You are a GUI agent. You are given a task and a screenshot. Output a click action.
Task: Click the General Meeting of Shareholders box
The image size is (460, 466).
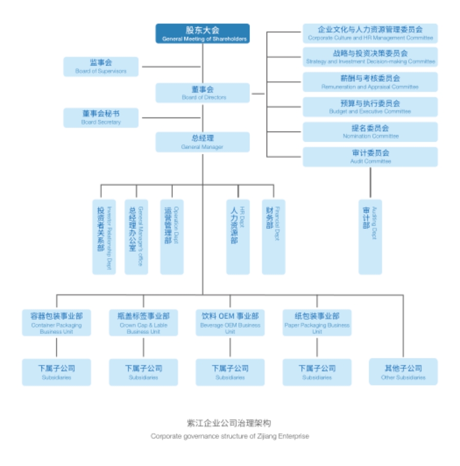click(203, 34)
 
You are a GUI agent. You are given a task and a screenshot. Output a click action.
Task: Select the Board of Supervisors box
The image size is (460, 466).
click(101, 67)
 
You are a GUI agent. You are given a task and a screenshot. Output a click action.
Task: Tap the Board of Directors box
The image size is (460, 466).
click(203, 93)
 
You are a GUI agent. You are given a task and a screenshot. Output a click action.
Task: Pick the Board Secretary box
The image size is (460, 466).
click(101, 118)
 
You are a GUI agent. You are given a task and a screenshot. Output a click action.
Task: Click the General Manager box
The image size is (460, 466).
click(203, 142)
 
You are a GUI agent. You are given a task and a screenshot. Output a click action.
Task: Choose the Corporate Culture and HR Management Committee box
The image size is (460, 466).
click(370, 34)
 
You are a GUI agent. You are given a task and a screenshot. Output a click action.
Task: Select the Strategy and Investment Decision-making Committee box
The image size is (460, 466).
click(370, 57)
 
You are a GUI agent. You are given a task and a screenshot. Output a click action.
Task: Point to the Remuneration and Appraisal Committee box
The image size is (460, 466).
click(370, 82)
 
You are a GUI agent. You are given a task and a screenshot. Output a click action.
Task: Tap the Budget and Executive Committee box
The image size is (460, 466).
click(370, 107)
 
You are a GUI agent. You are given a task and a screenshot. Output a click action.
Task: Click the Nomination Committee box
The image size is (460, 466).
click(370, 132)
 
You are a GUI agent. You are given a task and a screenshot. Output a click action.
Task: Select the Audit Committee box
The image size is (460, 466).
click(370, 157)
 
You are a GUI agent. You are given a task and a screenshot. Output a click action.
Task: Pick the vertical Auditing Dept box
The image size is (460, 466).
click(370, 237)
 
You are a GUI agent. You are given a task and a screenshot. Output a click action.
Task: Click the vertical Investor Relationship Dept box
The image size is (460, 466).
click(104, 237)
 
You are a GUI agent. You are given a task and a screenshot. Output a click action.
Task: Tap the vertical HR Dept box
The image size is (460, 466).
click(238, 237)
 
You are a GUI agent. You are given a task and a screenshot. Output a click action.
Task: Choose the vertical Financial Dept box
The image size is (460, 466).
click(273, 237)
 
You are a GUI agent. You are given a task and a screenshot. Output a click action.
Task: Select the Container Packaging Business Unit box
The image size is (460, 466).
click(57, 322)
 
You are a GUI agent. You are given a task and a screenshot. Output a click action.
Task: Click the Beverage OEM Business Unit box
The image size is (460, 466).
click(230, 322)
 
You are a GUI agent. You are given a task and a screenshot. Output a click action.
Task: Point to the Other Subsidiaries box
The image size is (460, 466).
click(403, 372)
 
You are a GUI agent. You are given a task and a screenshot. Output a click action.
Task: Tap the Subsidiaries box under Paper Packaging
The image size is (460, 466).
click(317, 372)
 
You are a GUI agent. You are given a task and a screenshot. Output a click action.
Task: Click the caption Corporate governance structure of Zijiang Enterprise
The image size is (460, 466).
click(230, 436)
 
